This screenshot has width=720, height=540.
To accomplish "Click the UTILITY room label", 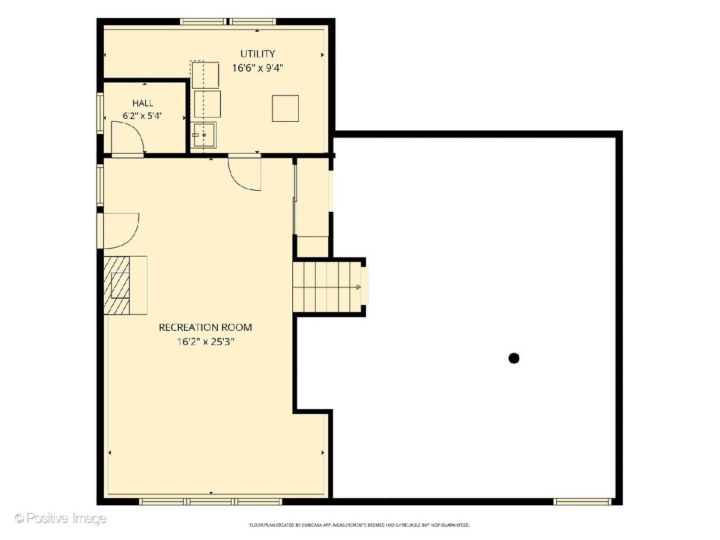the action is [x=257, y=54].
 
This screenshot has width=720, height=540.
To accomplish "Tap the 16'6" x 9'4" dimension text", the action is [x=257, y=68].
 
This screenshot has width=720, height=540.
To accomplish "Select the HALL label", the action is [x=143, y=103].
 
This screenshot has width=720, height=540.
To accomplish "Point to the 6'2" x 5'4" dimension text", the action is [x=143, y=116].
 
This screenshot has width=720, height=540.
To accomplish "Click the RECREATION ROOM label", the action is [x=205, y=328].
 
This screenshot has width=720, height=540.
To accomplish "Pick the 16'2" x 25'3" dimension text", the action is [x=205, y=342].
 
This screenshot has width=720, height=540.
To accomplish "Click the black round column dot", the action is [x=514, y=358].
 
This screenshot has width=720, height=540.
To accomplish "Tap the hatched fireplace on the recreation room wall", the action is [x=117, y=285].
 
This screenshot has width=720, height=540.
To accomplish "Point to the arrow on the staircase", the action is [x=358, y=287].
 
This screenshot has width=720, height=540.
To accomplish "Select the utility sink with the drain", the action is [x=203, y=135].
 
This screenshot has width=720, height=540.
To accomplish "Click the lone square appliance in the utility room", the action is [x=286, y=109].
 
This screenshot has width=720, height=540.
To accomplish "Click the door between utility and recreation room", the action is [x=244, y=172].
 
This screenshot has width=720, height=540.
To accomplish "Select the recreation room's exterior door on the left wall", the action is [x=118, y=230].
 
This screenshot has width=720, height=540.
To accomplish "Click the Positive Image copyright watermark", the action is [x=61, y=518].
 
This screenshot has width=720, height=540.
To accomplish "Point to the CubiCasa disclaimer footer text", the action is [x=359, y=525].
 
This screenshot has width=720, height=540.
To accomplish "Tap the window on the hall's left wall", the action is [x=100, y=113].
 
